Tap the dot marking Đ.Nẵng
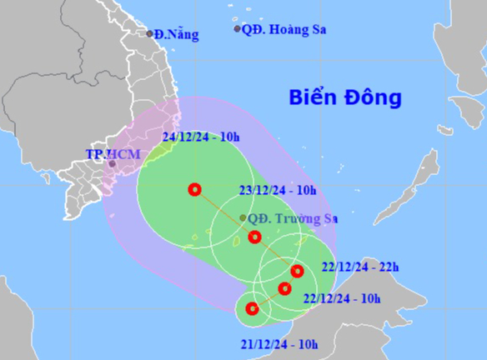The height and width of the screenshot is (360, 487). tap(150, 34)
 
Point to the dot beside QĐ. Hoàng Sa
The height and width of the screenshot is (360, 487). tap(237, 29)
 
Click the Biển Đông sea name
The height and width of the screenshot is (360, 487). tap(345, 97)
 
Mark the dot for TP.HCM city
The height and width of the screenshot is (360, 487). tap(112, 164)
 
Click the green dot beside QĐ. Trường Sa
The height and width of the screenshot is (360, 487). tap(243, 218)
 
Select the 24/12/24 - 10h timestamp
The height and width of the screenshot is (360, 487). tap(202, 137)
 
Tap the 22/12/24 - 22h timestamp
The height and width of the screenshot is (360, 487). tap(360, 267)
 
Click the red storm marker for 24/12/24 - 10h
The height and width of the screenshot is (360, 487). tap(195, 189)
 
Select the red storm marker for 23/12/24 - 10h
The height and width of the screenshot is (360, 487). tap(255, 237)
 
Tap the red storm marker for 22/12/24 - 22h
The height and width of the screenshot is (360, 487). tap(297, 270)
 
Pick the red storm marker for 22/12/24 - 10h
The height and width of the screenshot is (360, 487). tap(284, 289)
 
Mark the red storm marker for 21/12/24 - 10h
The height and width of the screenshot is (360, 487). tap(253, 309)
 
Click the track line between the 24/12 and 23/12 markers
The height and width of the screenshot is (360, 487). tap(225, 213)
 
